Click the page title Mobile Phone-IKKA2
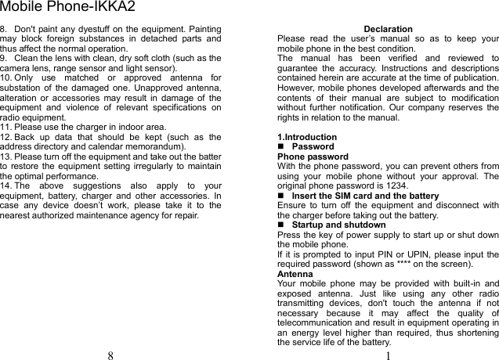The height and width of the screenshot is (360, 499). pyautogui.click(x=67, y=8)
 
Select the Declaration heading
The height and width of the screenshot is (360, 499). pyautogui.click(x=389, y=29)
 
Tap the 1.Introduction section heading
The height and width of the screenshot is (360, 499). pyautogui.click(x=307, y=137)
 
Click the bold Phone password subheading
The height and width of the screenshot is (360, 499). pyautogui.click(x=313, y=157)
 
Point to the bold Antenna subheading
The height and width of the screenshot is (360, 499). pyautogui.click(x=295, y=274)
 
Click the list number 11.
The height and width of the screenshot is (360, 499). pyautogui.click(x=5, y=126)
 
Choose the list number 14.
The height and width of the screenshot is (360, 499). pyautogui.click(x=5, y=185)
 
